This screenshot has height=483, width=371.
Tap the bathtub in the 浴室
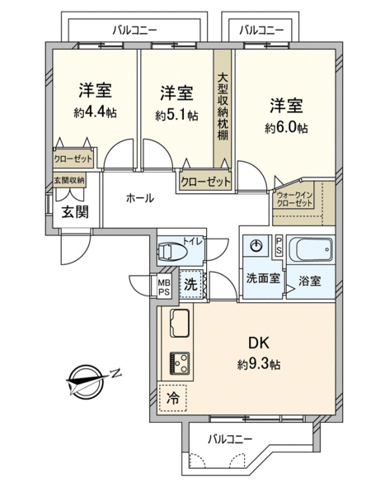click(314, 249)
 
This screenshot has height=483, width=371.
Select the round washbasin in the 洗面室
click(256, 245)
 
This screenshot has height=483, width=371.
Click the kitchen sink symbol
click(180, 323)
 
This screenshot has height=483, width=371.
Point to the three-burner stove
click(180, 363)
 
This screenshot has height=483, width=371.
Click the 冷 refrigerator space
click(172, 398)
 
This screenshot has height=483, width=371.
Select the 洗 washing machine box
click(190, 284)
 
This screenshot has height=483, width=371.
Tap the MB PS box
click(164, 286)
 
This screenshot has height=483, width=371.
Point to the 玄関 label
click(75, 212)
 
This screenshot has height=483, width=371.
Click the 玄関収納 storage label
click(69, 180)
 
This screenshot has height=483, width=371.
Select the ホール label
click(140, 198)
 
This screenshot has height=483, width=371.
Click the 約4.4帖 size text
click(95, 113)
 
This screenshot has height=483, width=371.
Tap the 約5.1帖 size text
click(176, 116)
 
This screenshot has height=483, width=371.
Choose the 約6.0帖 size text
click(286, 127)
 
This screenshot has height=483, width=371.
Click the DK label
click(259, 343)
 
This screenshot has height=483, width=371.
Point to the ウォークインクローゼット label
click(294, 199)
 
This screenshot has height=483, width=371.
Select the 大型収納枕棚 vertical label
click(223, 107)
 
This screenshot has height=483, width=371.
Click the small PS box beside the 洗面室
click(279, 245)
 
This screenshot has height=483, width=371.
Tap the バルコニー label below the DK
click(230, 438)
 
